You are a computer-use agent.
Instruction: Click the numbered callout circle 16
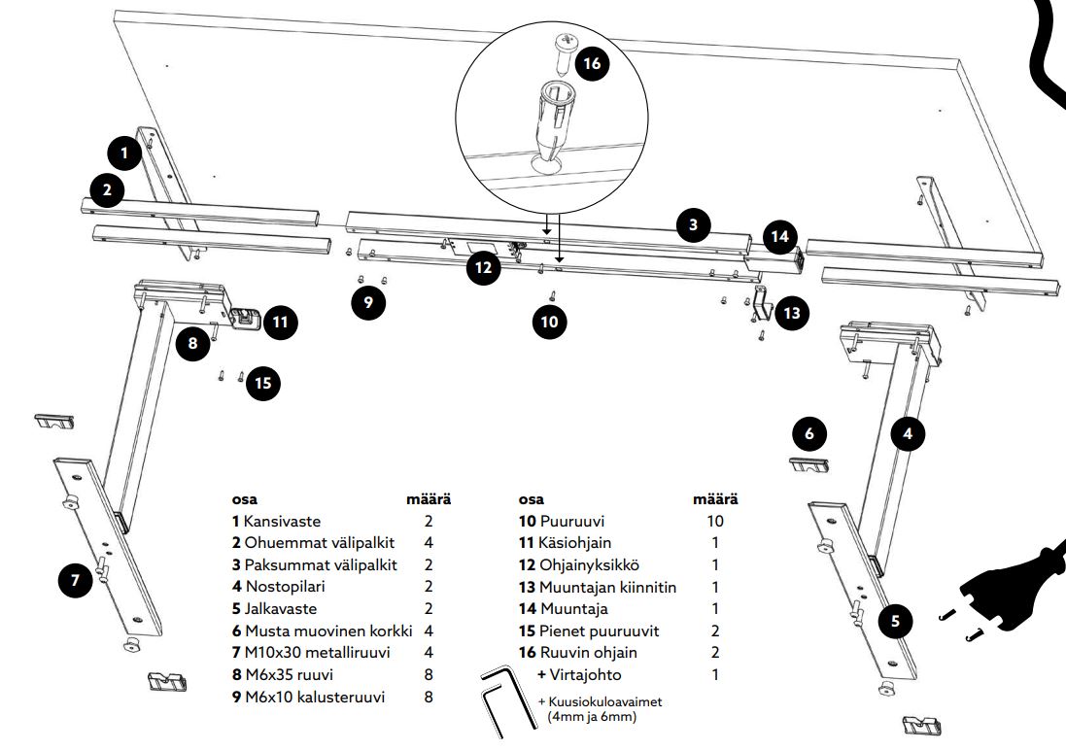coord(590,64)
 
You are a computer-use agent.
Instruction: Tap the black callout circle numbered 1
coord(124,153)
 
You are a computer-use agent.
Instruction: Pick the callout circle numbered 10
coord(550,322)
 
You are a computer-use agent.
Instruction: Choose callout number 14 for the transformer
coord(779,236)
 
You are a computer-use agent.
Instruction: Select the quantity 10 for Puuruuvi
coord(714,521)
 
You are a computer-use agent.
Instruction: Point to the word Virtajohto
coord(585,674)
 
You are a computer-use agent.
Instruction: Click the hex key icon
coord(502,698)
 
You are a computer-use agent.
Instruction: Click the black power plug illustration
coord(1011,583)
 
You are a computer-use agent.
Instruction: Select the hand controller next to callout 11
coord(246,317)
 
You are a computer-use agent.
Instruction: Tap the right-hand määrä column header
coord(714,499)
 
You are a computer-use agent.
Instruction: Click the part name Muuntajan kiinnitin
coord(609,587)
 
